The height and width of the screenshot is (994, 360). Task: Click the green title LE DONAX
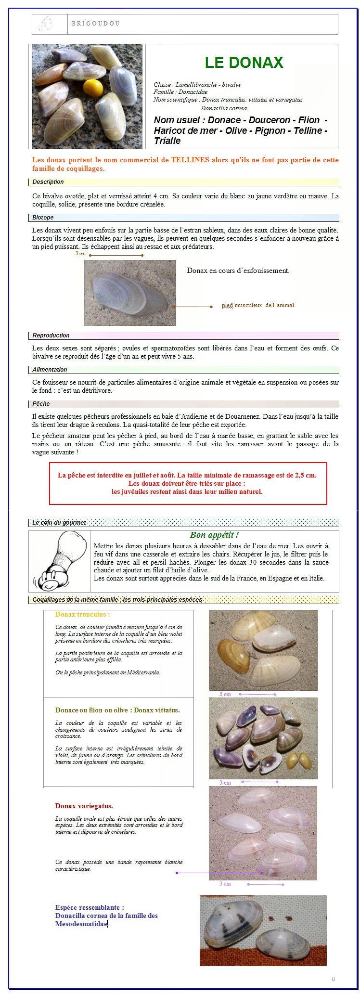pos(244,63)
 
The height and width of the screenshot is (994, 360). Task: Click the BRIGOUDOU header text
pos(95,24)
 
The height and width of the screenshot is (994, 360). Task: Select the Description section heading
pos(48,182)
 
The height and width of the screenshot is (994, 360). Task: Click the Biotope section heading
pos(43,218)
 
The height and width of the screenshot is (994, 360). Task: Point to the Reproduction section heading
pos(51,336)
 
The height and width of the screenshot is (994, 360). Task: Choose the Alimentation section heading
pos(50,370)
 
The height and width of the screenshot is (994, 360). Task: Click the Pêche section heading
pos(41,404)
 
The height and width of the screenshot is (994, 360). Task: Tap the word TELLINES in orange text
pos(191,160)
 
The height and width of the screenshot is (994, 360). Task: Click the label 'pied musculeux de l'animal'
pos(257,305)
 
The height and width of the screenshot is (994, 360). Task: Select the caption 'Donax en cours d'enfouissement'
pos(238,271)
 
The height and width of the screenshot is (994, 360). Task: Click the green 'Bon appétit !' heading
pos(214,535)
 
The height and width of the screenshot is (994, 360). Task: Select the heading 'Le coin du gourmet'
pos(59,523)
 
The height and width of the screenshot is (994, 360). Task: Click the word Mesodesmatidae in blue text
pos(81,924)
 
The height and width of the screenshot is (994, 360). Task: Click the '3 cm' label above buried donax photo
pos(80,254)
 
